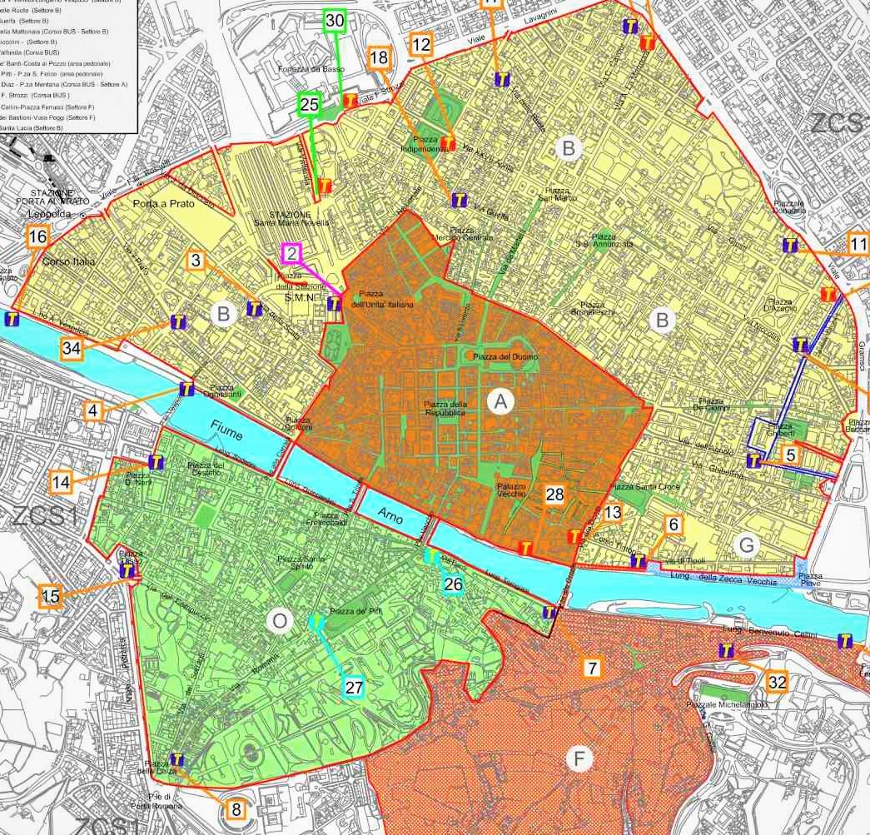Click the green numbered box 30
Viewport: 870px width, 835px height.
point(335,21)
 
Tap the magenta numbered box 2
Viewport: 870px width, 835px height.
point(292,253)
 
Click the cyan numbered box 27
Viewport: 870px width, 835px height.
point(355,687)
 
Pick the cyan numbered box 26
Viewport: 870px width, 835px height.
point(453,584)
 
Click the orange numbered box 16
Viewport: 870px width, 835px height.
point(37,237)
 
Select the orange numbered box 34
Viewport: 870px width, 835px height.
point(72,349)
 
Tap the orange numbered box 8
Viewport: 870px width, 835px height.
point(236,809)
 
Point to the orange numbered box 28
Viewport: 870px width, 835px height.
point(555,495)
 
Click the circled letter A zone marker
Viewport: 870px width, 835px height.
point(500,402)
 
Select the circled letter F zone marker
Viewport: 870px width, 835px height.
point(578,758)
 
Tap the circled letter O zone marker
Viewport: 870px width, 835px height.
point(280,621)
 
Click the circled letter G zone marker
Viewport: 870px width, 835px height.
point(748,544)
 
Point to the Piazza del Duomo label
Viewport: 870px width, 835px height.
point(505,357)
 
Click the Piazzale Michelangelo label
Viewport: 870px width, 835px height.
point(727,705)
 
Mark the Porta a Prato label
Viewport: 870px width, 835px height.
point(162,204)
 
